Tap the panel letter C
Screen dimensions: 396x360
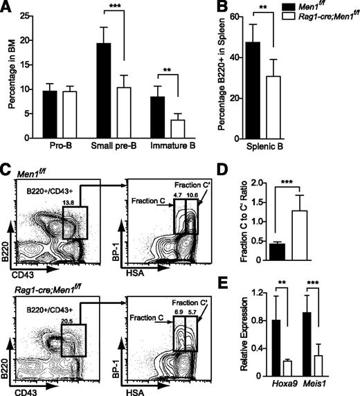coord(6,168)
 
